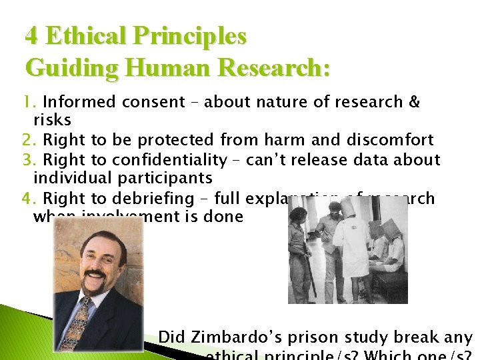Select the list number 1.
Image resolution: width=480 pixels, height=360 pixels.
point(29,102)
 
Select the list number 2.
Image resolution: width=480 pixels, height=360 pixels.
point(30,141)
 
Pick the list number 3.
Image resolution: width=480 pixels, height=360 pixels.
point(30,160)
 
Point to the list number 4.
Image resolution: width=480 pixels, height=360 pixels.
point(30,199)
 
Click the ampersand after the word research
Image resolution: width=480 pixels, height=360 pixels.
point(413,102)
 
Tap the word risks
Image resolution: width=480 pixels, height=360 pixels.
point(52,121)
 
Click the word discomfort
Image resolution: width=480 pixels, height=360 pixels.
point(390,141)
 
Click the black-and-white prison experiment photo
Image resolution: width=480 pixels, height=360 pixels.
point(347,252)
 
